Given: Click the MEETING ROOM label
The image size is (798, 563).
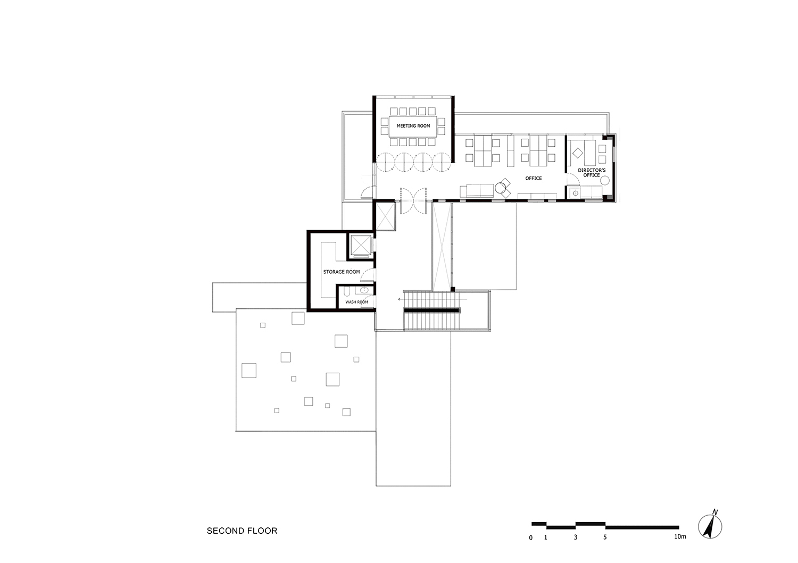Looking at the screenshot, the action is click(x=413, y=125).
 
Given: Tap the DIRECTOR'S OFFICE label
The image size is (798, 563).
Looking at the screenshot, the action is click(x=592, y=173).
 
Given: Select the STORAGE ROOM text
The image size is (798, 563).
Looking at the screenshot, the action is click(x=342, y=272).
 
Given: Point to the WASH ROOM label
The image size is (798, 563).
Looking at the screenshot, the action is click(x=356, y=302).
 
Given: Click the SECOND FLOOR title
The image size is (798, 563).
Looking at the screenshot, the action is click(x=242, y=531).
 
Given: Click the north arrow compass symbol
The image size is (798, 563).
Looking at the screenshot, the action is click(x=710, y=526).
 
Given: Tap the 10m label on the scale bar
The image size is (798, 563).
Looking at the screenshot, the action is click(x=680, y=536).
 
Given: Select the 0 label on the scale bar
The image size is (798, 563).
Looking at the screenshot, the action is click(x=531, y=537).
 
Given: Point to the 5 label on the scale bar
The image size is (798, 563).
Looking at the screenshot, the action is click(x=605, y=537).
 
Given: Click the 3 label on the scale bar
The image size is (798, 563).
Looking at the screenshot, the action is click(x=575, y=537).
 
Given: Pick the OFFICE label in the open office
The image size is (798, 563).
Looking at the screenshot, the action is click(x=533, y=178).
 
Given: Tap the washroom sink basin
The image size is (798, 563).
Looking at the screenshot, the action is click(x=364, y=290).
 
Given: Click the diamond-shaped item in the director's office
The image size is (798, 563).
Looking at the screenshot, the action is click(x=577, y=153).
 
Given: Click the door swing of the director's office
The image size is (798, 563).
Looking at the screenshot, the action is click(x=573, y=178).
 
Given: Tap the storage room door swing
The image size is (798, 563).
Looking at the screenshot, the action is click(x=371, y=274).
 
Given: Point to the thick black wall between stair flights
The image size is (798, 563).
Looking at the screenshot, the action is click(x=432, y=311).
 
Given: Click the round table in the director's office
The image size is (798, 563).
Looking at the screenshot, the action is click(x=604, y=181).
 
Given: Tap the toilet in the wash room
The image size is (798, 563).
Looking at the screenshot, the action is click(x=347, y=292).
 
